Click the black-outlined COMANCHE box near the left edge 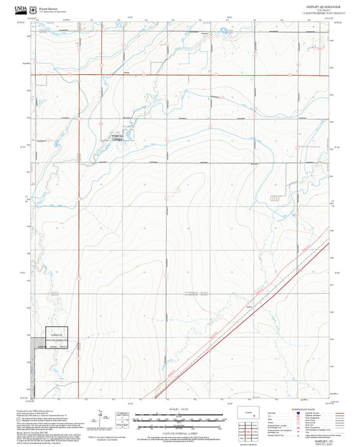click(x=57, y=337)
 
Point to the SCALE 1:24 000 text click(x=179, y=409)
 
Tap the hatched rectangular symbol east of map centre click(x=274, y=197)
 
